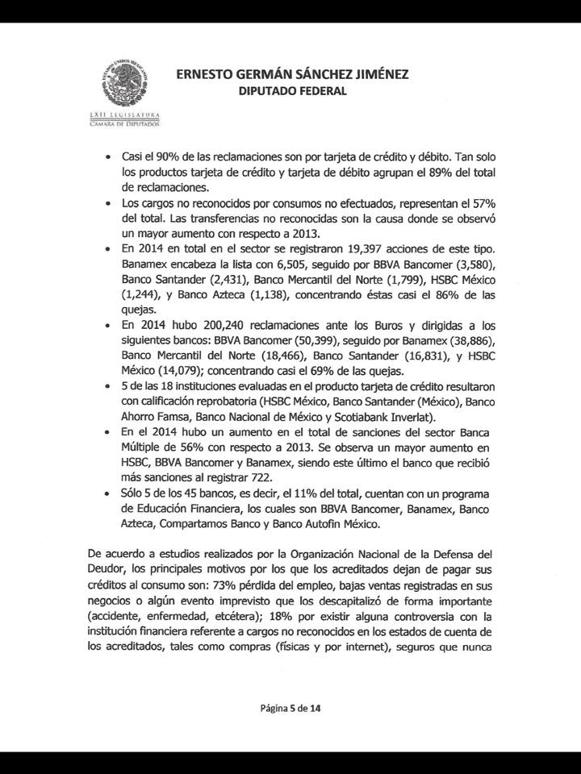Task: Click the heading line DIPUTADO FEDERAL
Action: (x=292, y=91)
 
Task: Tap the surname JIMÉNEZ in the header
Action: (x=378, y=74)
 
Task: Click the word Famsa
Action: (x=178, y=416)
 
